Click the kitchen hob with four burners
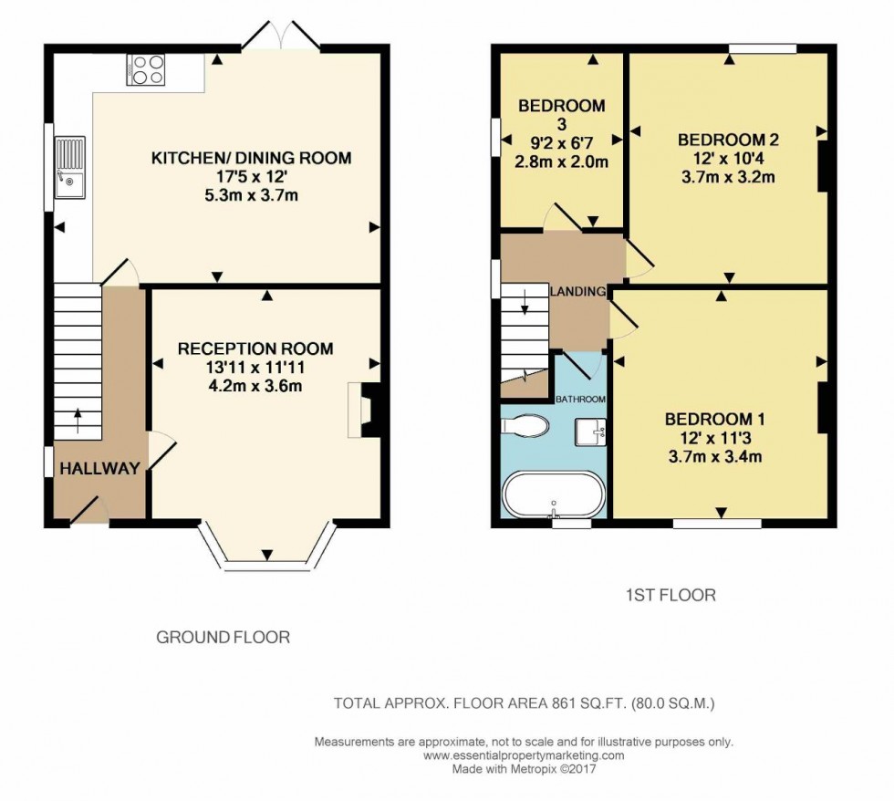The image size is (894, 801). pos(147,70)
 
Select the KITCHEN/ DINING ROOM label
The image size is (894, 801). pos(251,159)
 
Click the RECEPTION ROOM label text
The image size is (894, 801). pos(255,348)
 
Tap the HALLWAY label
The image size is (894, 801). pos(100,469)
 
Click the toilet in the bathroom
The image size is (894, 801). pos(525,426)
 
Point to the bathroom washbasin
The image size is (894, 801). pos(591,431)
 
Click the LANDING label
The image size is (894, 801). pos(578,292)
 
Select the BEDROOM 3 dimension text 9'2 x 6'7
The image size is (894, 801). pos(561,142)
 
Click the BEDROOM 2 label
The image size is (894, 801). pos(728,140)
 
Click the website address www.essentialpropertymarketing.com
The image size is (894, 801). pos(524,755)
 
